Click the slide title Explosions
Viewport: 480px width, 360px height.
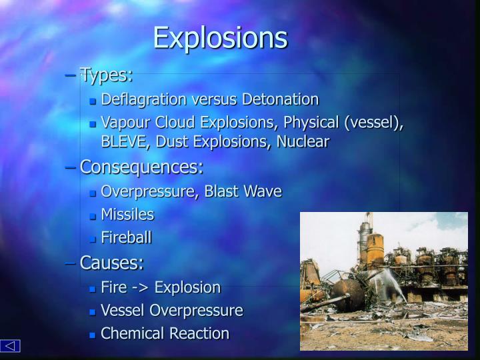coord(220,38)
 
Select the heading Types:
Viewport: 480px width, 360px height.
coord(106,75)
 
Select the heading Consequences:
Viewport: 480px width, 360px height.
coord(141,166)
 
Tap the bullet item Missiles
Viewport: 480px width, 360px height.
coord(127,214)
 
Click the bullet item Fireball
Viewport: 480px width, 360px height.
coord(126,237)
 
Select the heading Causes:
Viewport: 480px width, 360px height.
coord(111,263)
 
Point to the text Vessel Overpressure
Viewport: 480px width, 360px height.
coord(171,311)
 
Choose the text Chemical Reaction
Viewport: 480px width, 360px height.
coord(165,333)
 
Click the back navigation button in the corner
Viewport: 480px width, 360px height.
coord(11,345)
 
